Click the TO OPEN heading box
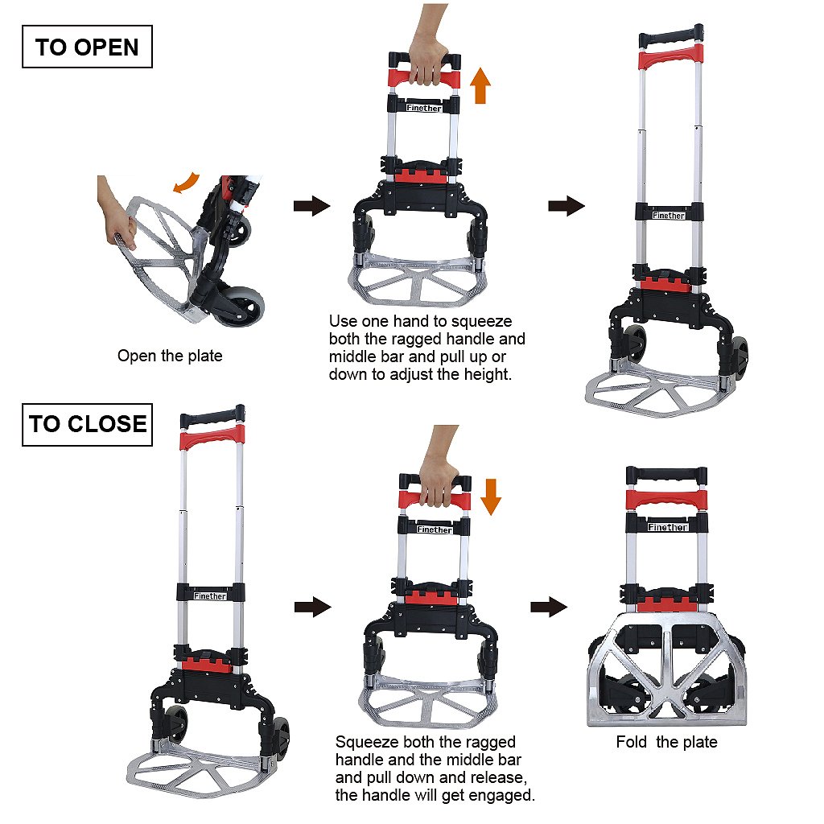tap(87, 47)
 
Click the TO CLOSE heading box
tap(87, 423)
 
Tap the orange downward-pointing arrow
tap(490, 495)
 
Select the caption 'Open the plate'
tap(170, 356)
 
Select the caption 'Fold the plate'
tap(666, 742)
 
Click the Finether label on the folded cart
tap(668, 527)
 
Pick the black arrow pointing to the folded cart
tap(548, 608)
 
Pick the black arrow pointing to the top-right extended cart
tap(566, 206)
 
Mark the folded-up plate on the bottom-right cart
tap(667, 668)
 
